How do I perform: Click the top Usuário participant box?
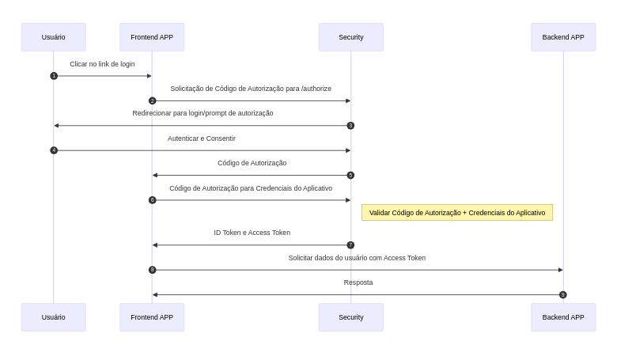(53, 37)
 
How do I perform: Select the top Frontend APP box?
(152, 37)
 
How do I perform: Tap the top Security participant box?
(350, 37)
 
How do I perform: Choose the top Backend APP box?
(563, 37)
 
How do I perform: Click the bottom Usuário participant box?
(53, 317)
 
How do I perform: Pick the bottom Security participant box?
(350, 317)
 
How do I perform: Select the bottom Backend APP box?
(563, 317)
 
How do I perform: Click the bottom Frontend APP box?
(152, 317)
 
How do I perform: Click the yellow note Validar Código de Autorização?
(456, 213)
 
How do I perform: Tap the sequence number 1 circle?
(54, 76)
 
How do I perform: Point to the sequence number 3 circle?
(350, 126)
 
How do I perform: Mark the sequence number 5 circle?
(350, 176)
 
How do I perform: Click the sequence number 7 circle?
(350, 245)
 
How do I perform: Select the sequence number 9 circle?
(563, 295)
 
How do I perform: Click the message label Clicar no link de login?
(102, 64)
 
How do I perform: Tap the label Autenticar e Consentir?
(202, 138)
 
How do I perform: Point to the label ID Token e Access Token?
(252, 233)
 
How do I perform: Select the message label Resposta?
(358, 282)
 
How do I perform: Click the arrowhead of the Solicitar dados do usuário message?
(560, 270)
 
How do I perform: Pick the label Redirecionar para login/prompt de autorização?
(203, 113)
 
